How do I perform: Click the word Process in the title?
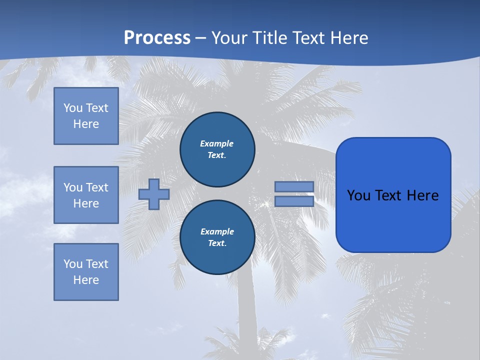click(157, 38)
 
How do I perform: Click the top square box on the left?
click(86, 116)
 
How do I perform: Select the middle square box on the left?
click(86, 195)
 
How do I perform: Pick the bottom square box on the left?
click(86, 272)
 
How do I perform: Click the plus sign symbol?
click(154, 194)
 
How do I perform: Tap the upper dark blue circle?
click(217, 149)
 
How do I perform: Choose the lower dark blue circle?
click(217, 237)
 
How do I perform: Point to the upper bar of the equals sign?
click(294, 186)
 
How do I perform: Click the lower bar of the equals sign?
click(294, 201)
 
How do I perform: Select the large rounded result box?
click(393, 195)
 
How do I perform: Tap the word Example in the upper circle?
click(216, 143)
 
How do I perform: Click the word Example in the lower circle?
click(217, 231)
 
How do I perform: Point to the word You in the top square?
click(73, 108)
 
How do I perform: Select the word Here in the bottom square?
click(86, 280)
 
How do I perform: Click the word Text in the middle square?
click(96, 187)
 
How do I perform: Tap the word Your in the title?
click(228, 38)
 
